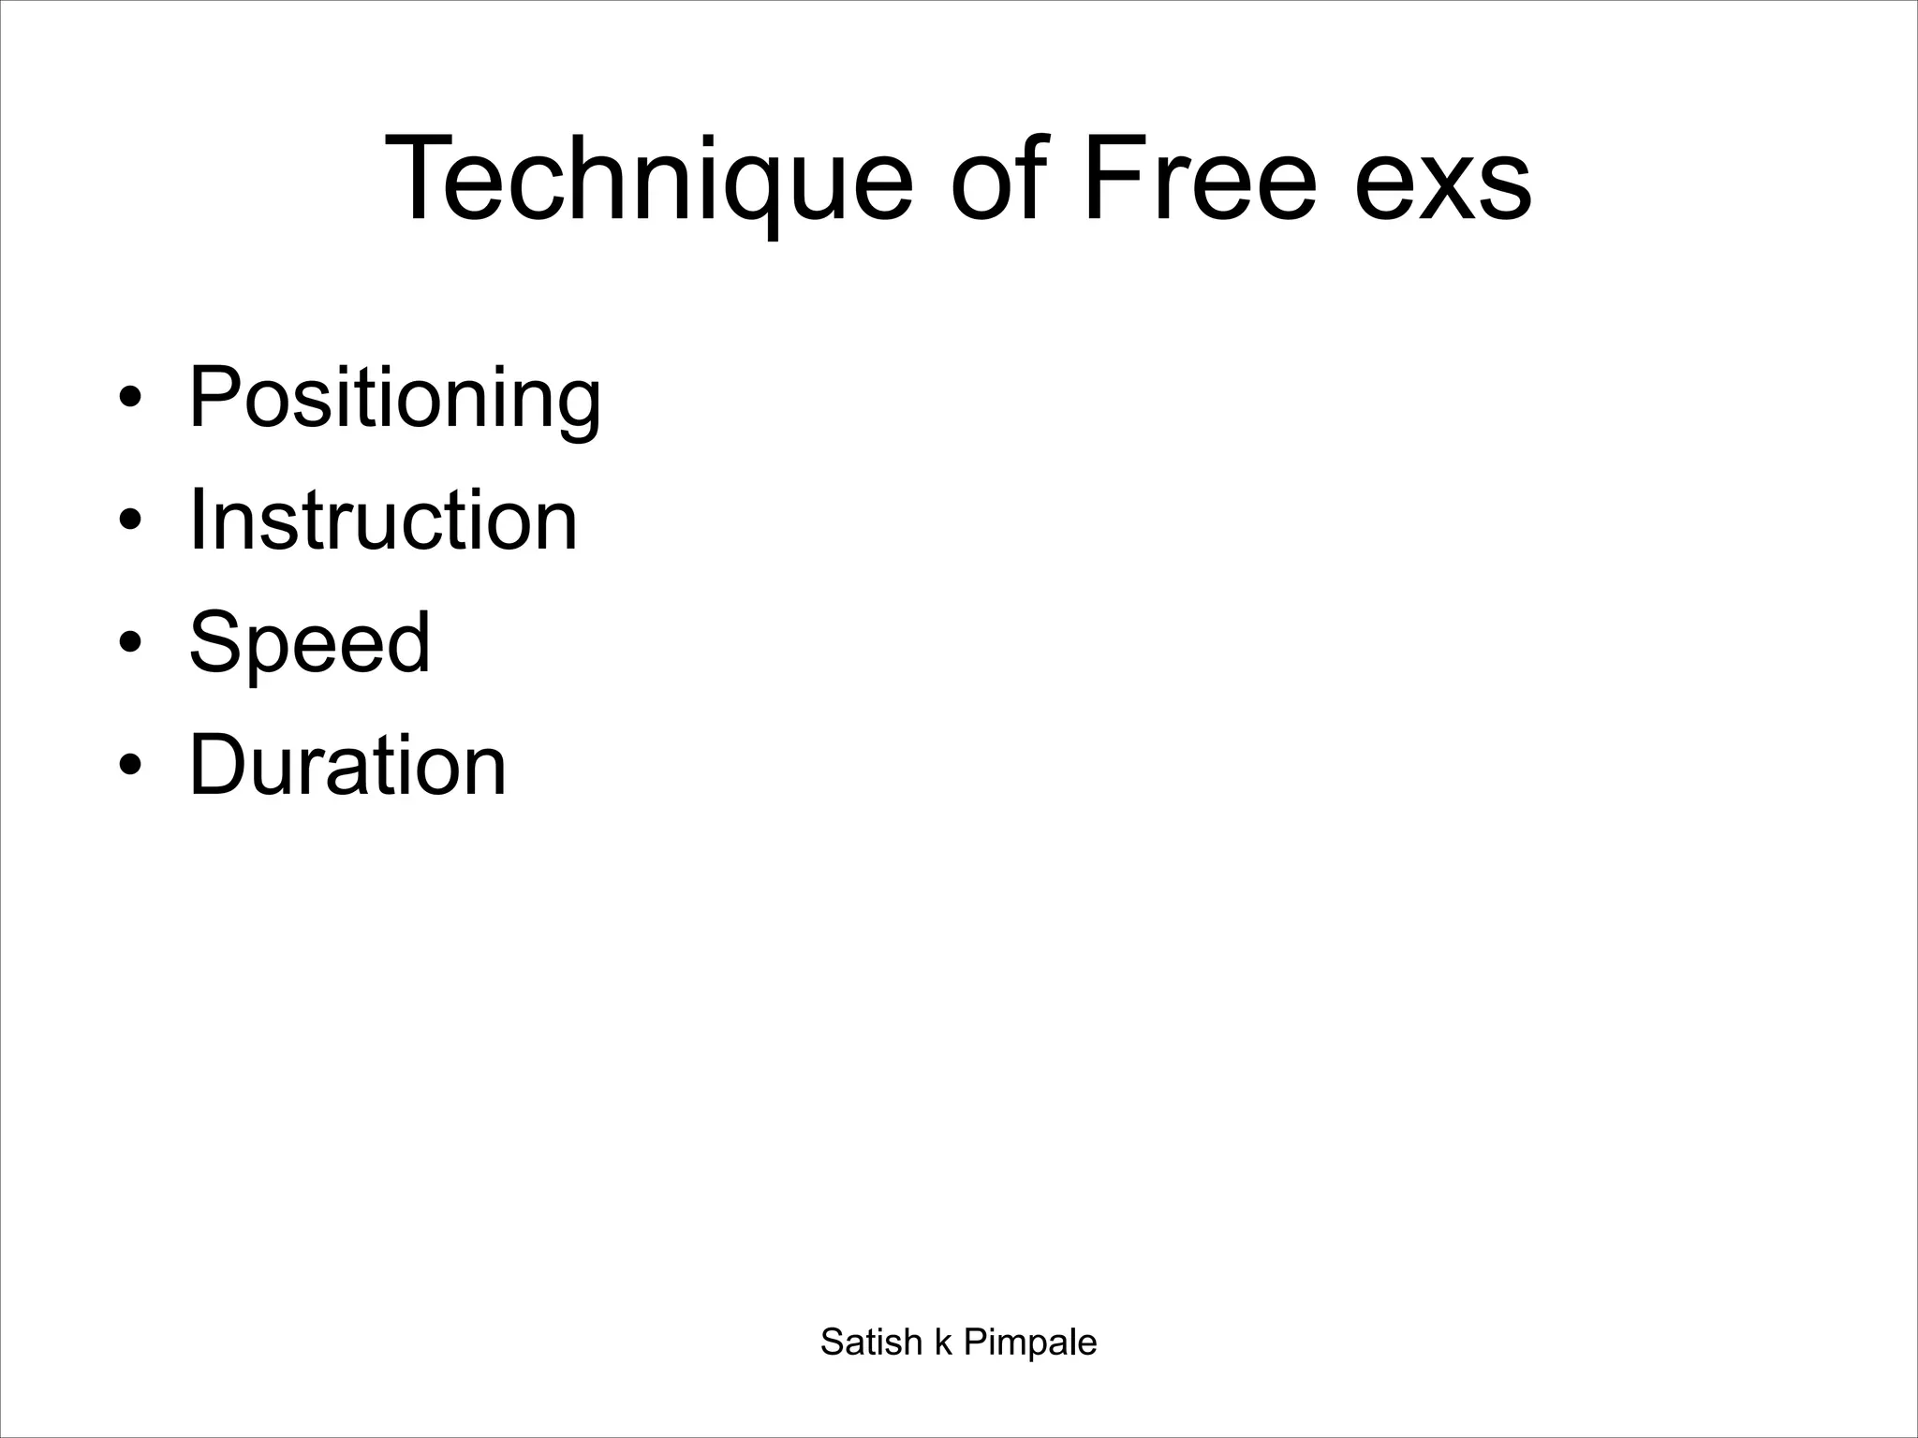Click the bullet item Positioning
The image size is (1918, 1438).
click(394, 399)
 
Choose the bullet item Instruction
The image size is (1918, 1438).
click(383, 521)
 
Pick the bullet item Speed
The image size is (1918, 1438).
click(310, 642)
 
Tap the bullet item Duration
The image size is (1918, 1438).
click(347, 765)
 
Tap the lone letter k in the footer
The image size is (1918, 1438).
click(943, 1343)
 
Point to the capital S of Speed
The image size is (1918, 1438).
click(214, 642)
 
